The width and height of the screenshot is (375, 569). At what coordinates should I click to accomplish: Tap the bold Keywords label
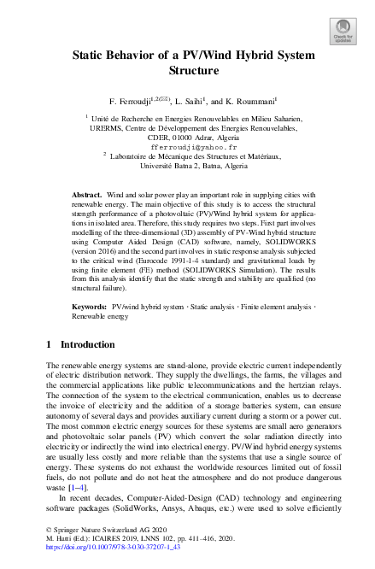pyautogui.click(x=90, y=305)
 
